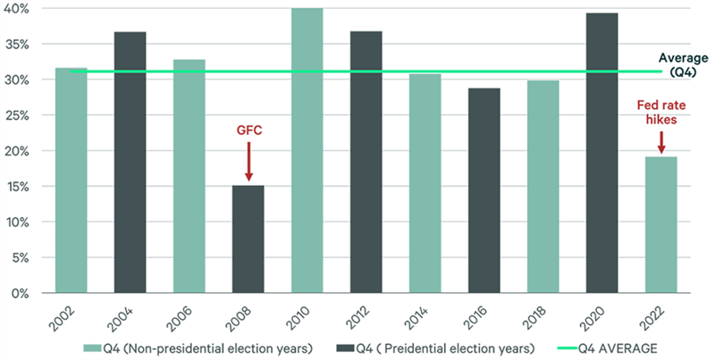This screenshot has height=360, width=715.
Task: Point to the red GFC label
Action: click(248, 130)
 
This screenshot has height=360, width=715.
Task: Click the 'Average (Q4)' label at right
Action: click(686, 64)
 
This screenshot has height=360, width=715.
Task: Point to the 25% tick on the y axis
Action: click(20, 115)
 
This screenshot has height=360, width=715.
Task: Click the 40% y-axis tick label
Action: click(20, 8)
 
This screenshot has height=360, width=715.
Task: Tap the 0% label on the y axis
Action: click(23, 293)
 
